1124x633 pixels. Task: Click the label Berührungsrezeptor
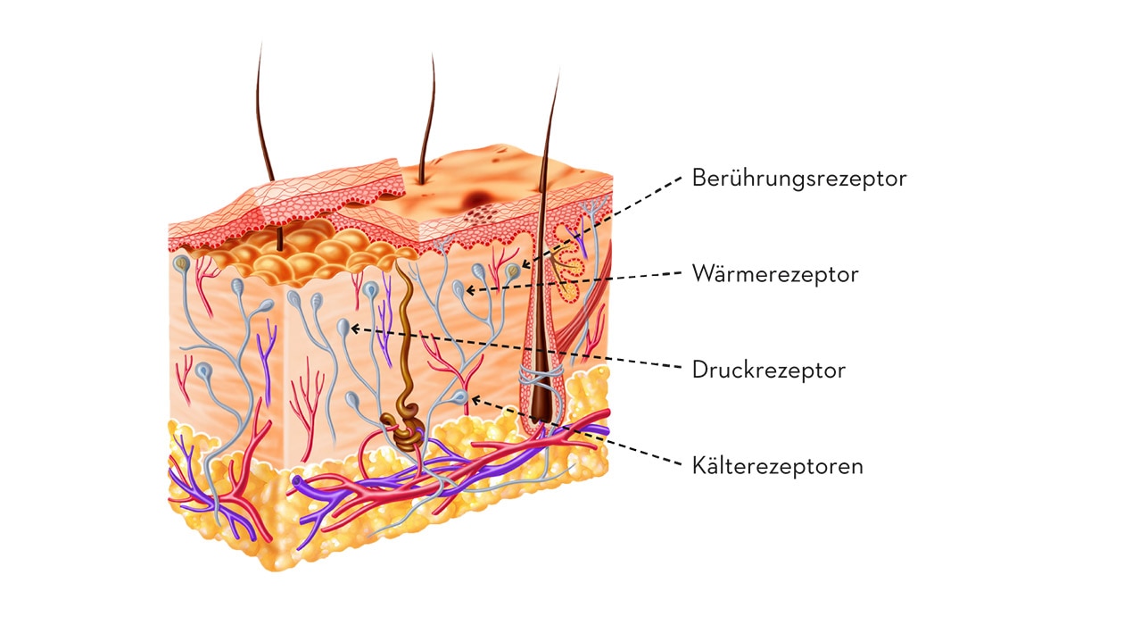pyautogui.click(x=799, y=179)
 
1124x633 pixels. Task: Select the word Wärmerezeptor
pyautogui.click(x=775, y=274)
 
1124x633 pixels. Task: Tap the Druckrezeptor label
pyautogui.click(x=769, y=371)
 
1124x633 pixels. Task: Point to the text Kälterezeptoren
pyautogui.click(x=777, y=466)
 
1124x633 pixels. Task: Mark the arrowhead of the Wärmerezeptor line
pyautogui.click(x=470, y=290)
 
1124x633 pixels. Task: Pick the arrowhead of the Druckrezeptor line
pyautogui.click(x=354, y=329)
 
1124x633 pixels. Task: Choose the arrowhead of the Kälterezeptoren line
pyautogui.click(x=475, y=400)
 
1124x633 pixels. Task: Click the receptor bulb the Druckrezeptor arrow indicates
pyautogui.click(x=343, y=328)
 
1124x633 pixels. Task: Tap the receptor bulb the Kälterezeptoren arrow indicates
pyautogui.click(x=460, y=397)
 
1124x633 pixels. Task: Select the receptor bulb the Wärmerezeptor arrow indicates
pyautogui.click(x=459, y=289)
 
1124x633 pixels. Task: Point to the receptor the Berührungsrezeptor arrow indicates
pyautogui.click(x=512, y=271)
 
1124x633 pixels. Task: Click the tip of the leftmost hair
pyautogui.click(x=260, y=45)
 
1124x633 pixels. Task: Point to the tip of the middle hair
pyautogui.click(x=433, y=54)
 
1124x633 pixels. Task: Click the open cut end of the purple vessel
pyautogui.click(x=298, y=481)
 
